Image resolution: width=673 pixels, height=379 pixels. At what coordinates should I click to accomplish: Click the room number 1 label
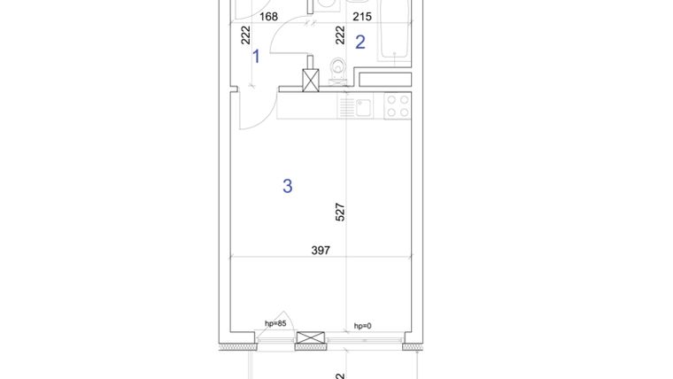(256, 57)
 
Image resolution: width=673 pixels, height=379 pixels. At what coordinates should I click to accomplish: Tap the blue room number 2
(360, 42)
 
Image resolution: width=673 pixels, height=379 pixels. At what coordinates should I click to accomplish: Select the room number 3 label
(287, 186)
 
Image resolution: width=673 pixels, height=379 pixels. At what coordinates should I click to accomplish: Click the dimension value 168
(269, 16)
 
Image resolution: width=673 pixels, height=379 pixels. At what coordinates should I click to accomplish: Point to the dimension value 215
(361, 16)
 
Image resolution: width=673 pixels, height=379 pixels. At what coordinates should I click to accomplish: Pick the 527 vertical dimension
(340, 212)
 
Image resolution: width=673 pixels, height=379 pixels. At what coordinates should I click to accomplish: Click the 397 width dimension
(321, 251)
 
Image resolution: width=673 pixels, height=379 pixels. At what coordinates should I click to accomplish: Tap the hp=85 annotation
(275, 324)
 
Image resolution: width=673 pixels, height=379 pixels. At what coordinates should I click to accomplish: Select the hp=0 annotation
(362, 326)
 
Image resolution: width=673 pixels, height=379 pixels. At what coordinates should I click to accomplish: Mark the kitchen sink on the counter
(361, 107)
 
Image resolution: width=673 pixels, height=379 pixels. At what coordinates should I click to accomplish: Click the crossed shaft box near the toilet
(311, 80)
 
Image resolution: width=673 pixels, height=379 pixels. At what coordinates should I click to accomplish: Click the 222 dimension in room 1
(246, 35)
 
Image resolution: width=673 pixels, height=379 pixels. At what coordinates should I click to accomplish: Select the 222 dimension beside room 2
(339, 35)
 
